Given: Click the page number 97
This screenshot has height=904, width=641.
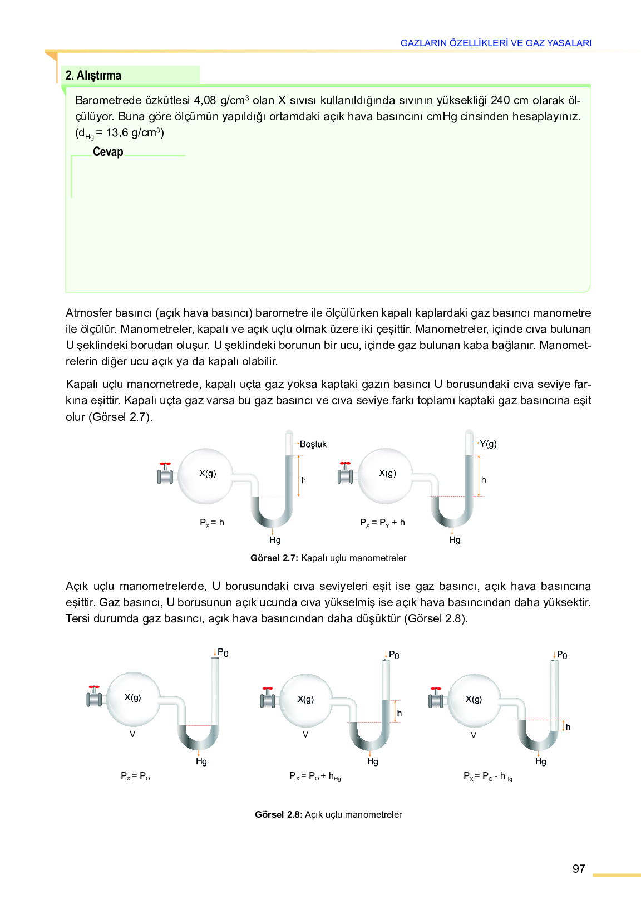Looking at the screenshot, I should [579, 869].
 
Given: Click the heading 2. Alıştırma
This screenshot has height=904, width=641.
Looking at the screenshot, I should [93, 75].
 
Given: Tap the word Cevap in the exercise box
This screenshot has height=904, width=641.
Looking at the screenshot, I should [108, 152].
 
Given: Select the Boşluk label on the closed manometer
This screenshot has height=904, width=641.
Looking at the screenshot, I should [313, 444].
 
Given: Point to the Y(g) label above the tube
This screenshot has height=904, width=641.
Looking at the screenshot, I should [488, 444].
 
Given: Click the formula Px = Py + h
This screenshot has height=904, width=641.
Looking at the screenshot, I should [382, 523].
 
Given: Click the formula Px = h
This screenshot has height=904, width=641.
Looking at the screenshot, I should [212, 523].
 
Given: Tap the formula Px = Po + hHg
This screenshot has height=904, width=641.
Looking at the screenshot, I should [315, 776].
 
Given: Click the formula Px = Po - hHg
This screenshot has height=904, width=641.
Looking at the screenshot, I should [487, 776].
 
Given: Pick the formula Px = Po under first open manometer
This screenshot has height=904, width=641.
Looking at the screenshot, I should [135, 776].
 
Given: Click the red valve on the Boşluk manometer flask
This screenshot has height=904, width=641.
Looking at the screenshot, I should [165, 464].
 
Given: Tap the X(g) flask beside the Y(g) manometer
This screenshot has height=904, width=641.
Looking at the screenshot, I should [387, 475].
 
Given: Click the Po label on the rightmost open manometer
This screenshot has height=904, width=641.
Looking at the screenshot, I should [562, 655].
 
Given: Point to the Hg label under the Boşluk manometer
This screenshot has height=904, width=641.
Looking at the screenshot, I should [275, 540].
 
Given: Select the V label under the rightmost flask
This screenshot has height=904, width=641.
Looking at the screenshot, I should [474, 735].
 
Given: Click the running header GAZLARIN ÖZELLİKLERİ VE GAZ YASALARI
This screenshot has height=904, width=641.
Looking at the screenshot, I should [496, 43].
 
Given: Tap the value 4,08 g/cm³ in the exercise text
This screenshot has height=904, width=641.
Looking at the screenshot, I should [221, 100].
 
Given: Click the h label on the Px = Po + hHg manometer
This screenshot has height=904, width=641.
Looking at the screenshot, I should [400, 713].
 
